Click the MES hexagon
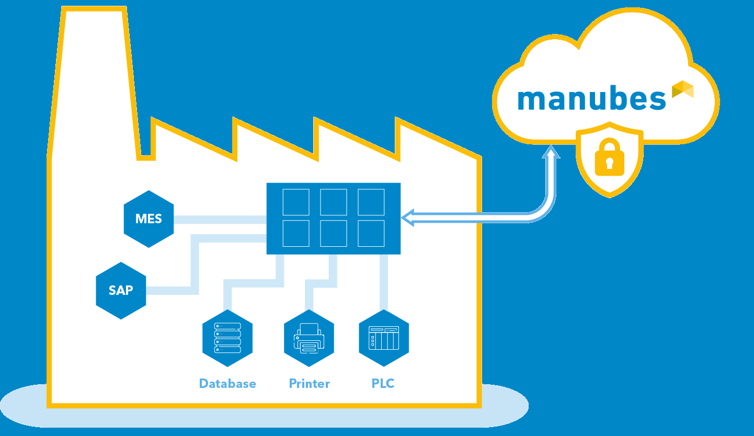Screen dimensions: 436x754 point(149,219)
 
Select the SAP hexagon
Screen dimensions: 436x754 point(121,290)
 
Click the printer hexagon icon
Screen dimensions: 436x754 point(309,338)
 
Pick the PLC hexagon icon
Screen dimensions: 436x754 point(384,338)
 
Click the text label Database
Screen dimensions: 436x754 point(227,384)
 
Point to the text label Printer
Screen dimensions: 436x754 point(310,384)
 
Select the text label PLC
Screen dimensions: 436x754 point(383,384)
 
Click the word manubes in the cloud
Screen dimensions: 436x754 point(591,99)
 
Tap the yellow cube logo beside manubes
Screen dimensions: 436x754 point(683,89)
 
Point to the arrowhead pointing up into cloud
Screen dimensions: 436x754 point(550,152)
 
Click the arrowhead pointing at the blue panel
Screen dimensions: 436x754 point(408,218)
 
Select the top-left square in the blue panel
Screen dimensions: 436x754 point(296,202)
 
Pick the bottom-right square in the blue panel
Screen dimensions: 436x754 point(371,233)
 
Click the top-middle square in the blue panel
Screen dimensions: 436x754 point(334,202)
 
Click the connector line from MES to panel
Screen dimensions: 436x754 point(220,220)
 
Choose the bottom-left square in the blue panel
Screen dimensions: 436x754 point(296,233)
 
